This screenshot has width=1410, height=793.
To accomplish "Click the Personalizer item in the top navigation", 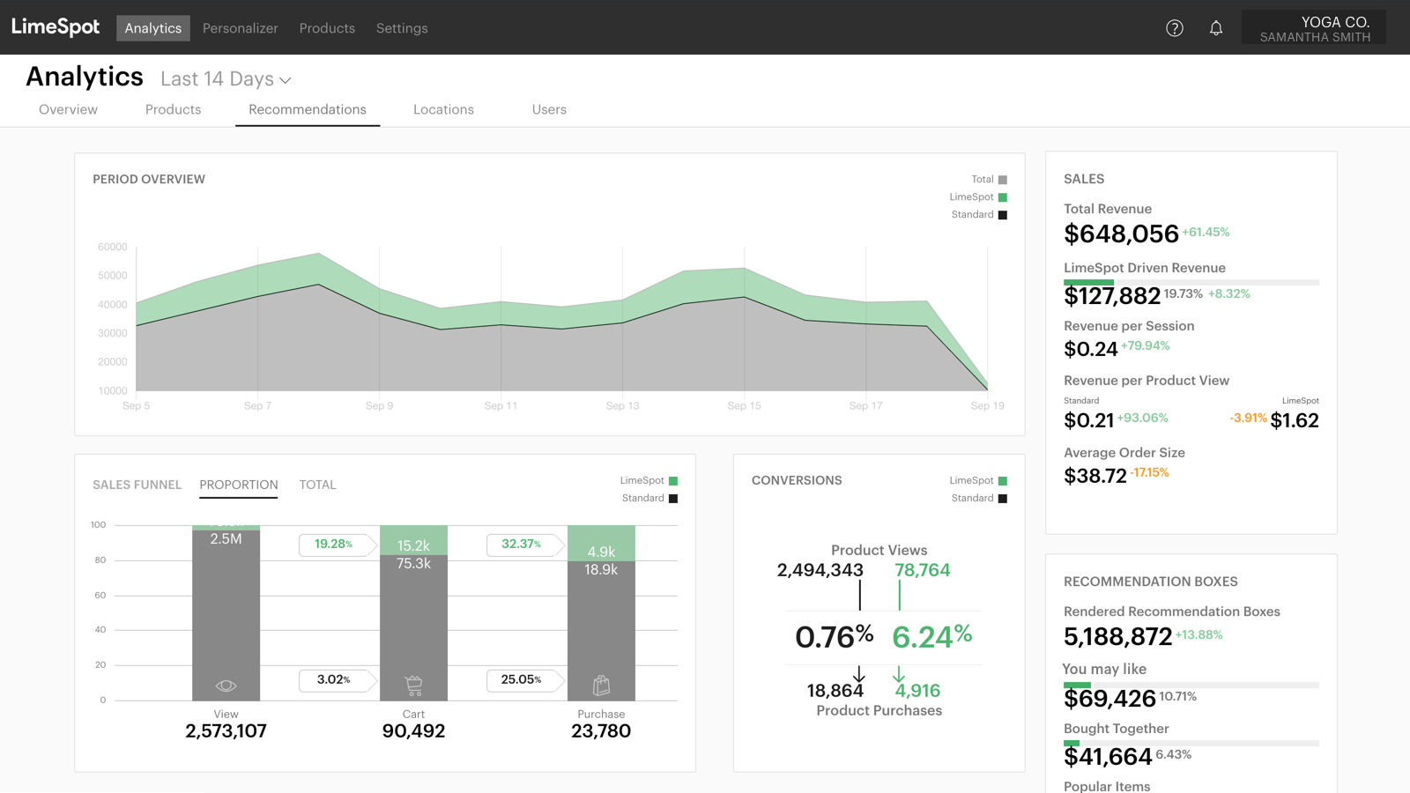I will coord(240,28).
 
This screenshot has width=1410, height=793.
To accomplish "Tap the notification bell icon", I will coord(1216,28).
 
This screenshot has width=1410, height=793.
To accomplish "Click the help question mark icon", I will coord(1174,28).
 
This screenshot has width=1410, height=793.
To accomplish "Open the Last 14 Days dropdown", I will coord(226,79).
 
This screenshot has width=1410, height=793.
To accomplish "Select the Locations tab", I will coord(443,109).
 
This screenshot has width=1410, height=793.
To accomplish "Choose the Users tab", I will coord(549,109).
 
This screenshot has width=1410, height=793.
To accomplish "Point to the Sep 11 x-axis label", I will coord(501,406).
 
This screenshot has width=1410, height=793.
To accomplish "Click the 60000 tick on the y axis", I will coord(113,247).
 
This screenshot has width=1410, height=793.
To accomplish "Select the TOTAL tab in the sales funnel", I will coord(317,485).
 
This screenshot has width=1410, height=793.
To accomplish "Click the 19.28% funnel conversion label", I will coord(334,545).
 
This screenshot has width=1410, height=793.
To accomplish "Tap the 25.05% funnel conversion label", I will coord(521,679).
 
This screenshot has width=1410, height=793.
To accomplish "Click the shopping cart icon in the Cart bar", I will coord(413,685).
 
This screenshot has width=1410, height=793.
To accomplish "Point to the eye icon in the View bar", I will coord(226,686).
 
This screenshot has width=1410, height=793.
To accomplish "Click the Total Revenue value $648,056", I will coord(1121,234).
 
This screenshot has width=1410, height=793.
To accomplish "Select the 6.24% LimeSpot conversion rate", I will coord(931,636).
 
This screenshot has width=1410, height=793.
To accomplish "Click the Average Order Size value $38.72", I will coord(1095,477).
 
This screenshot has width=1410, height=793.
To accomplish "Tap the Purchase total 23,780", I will coord(601,731).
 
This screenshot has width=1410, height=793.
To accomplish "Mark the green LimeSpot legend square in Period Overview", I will coord(1003,197).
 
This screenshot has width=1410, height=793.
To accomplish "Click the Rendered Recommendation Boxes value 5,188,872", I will coord(1117,637).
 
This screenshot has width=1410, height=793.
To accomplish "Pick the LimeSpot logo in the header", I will coord(56,27).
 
